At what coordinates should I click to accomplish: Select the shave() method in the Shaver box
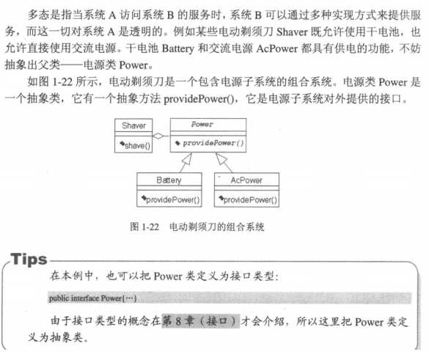[x=135, y=145]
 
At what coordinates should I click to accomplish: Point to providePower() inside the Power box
[x=210, y=142]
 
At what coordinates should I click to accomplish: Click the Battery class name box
[x=169, y=180]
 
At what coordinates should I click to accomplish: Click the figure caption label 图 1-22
[x=139, y=227]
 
